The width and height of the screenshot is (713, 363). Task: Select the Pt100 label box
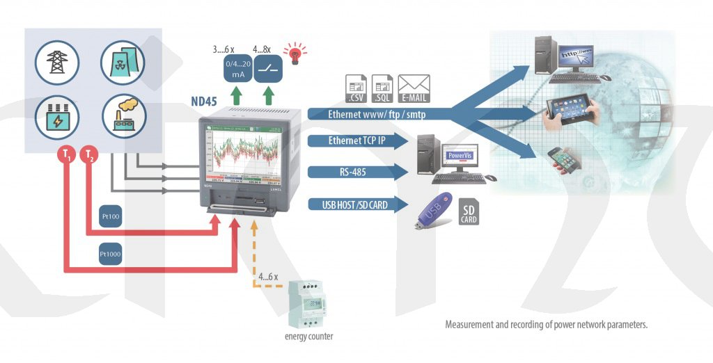coord(110,216)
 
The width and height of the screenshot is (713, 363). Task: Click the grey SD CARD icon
coord(469,211)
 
